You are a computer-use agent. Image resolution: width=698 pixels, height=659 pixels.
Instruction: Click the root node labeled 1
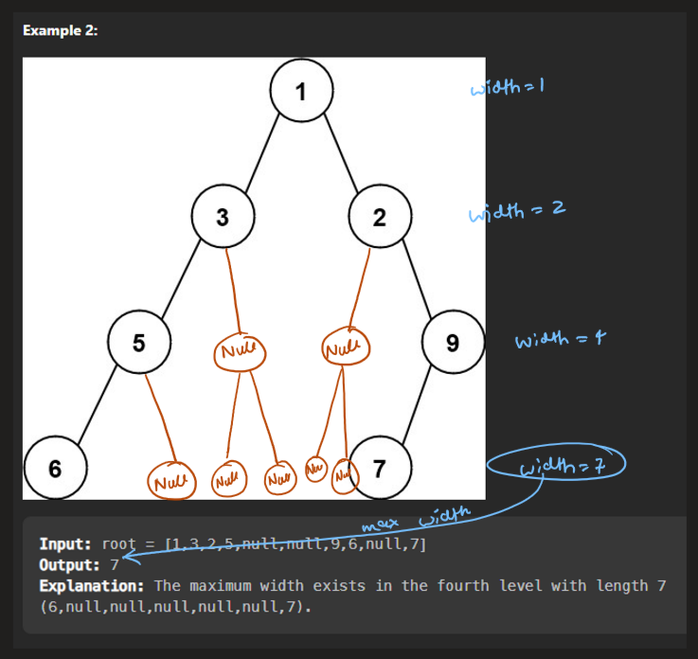pyautogui.click(x=301, y=91)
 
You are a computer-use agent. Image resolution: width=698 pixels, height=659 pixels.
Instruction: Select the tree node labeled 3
pyautogui.click(x=222, y=217)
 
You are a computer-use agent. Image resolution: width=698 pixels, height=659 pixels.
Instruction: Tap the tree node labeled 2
pyautogui.click(x=379, y=217)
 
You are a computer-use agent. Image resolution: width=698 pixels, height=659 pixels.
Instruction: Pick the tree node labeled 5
pyautogui.click(x=139, y=342)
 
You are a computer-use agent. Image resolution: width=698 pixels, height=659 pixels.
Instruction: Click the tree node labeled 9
pyautogui.click(x=453, y=342)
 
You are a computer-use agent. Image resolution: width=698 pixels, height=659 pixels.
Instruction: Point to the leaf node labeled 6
pyautogui.click(x=55, y=467)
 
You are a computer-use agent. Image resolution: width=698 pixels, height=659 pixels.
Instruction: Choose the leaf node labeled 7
pyautogui.click(x=380, y=467)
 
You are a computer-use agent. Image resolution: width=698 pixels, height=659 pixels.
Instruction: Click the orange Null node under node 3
pyautogui.click(x=237, y=352)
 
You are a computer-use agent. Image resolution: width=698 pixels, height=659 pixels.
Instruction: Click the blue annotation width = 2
pyautogui.click(x=517, y=211)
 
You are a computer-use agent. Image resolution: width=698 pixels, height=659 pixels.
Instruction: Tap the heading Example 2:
pyautogui.click(x=60, y=30)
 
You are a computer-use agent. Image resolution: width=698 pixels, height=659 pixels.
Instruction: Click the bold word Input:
pyautogui.click(x=65, y=544)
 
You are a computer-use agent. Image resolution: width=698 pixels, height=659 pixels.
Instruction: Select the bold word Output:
pyautogui.click(x=69, y=565)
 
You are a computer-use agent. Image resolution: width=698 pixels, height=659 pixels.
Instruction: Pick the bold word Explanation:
pyautogui.click(x=91, y=586)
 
